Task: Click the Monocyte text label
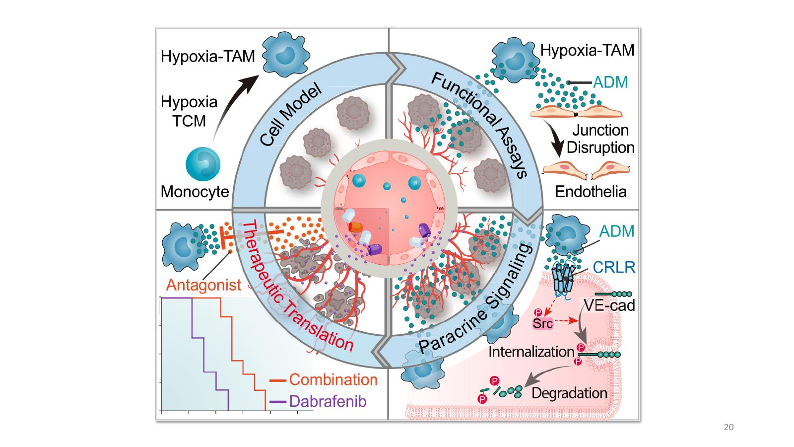(x=195, y=192)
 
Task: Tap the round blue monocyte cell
(x=203, y=164)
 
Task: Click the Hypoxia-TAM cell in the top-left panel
(x=286, y=54)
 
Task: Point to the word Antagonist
(x=203, y=285)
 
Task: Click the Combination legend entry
(x=323, y=379)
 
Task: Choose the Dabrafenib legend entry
(x=318, y=402)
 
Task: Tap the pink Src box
(x=543, y=323)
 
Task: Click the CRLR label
(x=613, y=268)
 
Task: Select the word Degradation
(x=569, y=393)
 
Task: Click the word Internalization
(x=531, y=352)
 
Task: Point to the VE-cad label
(x=609, y=305)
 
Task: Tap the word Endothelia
(x=591, y=192)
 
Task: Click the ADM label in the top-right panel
(x=610, y=82)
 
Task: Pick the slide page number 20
(x=728, y=427)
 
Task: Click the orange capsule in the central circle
(x=355, y=227)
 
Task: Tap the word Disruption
(x=600, y=148)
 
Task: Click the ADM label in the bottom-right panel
(x=617, y=231)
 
